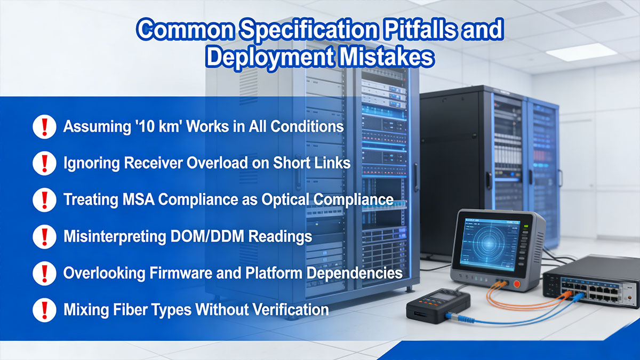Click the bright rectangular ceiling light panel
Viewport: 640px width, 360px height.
(574, 52)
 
